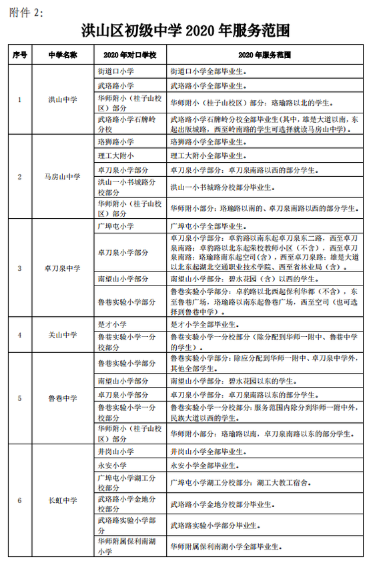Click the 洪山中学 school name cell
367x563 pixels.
tap(62, 99)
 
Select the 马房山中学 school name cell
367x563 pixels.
tap(62, 177)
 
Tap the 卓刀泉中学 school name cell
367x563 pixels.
tap(62, 268)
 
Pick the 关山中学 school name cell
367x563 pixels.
tap(62, 335)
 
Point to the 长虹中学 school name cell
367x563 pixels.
tap(62, 500)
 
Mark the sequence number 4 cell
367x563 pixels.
tap(19, 335)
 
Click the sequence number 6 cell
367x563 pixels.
tap(19, 500)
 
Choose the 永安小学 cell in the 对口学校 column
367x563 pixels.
tap(111, 465)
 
